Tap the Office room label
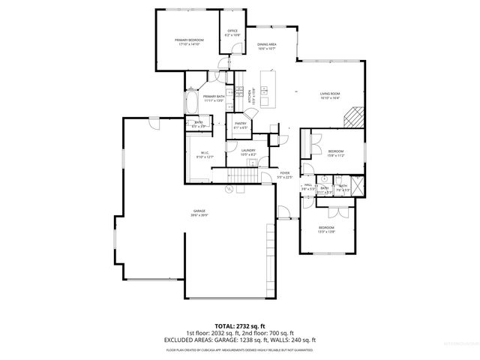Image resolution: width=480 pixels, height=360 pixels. (232, 33)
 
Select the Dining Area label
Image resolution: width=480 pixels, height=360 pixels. (267, 46)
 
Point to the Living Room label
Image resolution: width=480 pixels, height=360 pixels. (330, 95)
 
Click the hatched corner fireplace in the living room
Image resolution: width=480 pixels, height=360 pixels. (353, 118)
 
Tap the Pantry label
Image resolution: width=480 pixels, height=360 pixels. (241, 125)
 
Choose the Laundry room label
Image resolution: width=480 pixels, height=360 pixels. (249, 152)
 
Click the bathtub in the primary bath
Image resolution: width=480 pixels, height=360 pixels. (192, 101)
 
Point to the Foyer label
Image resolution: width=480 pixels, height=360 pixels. (285, 175)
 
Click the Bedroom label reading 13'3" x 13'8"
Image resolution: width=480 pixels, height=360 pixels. (326, 229)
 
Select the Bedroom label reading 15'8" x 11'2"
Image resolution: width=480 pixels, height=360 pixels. (335, 153)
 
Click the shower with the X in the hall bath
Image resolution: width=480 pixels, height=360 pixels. (358, 184)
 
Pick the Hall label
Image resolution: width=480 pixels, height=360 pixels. (307, 187)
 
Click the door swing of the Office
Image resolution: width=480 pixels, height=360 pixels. (237, 49)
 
